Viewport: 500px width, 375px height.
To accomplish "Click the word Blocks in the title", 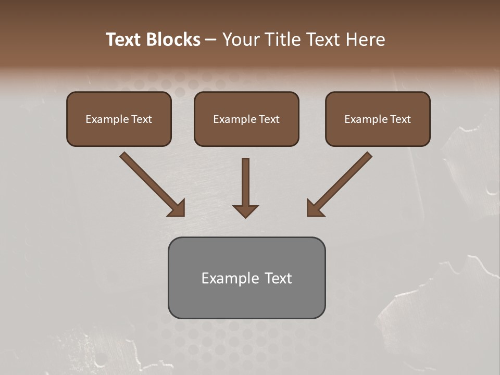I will tap(175, 40).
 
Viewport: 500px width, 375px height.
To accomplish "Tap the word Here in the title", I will tap(364, 40).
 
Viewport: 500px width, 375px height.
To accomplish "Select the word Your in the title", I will tap(241, 40).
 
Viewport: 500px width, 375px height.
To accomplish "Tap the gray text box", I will tap(246, 299).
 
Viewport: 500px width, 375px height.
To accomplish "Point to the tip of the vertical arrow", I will tap(245, 217).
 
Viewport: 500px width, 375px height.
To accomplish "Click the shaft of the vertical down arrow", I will tap(245, 180).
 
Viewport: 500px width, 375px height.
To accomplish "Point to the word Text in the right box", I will tap(401, 119).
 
